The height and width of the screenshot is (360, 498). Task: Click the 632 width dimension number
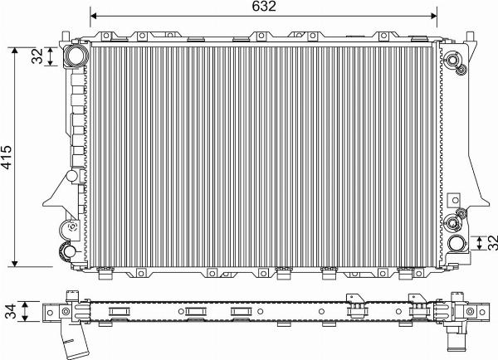click(x=264, y=7)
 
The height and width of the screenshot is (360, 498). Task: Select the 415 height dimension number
click(x=6, y=157)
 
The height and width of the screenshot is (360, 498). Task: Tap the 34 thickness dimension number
click(x=11, y=311)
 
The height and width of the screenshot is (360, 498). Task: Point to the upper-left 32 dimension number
click(x=37, y=56)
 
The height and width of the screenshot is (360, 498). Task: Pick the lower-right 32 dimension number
click(x=492, y=242)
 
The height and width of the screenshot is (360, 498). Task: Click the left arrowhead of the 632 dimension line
click(x=93, y=16)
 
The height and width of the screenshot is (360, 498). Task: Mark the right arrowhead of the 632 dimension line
click(x=434, y=16)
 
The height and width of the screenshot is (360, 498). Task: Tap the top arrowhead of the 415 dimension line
click(x=15, y=51)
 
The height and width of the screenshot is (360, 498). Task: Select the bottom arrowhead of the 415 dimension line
click(x=15, y=264)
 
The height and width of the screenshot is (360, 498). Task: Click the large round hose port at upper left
click(x=75, y=56)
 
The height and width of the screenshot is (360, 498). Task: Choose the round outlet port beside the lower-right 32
click(x=457, y=244)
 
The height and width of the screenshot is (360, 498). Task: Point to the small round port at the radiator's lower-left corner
click(x=68, y=251)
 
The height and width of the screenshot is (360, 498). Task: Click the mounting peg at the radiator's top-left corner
click(x=66, y=36)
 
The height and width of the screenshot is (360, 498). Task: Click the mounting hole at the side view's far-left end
click(x=50, y=313)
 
